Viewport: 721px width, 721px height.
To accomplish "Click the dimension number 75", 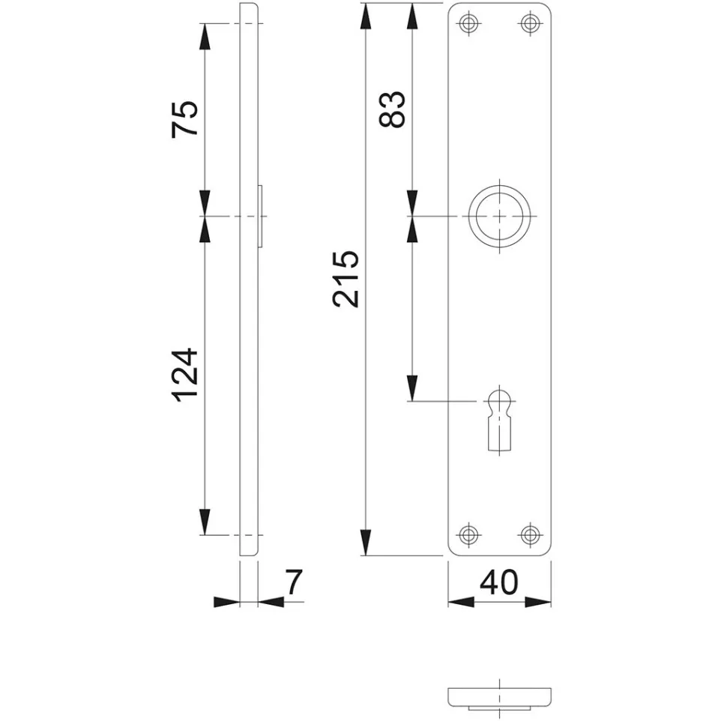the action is pos(185,118).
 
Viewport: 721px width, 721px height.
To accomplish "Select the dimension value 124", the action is pos(185,375).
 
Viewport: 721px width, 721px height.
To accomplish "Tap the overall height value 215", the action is pos(346,279).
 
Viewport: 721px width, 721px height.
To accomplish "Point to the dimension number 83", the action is pos(392,109).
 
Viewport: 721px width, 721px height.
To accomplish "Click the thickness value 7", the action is pos(293,582).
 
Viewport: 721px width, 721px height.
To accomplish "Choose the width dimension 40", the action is pos(499,582).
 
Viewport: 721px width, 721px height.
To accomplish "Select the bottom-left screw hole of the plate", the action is pos(468,534).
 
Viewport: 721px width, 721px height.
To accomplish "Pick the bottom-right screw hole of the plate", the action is pos(530,534).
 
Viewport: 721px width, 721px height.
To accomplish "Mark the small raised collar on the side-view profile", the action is pos(261,216).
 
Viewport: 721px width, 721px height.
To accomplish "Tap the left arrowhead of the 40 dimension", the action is pos(461,601).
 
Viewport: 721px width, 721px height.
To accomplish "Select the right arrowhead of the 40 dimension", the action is pos(538,601).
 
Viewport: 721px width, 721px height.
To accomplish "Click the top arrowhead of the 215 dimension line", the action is pos(366,16).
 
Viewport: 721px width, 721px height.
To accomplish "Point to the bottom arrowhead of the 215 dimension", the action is pos(366,543).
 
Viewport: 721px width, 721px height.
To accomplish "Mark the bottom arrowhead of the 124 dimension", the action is pos(205,522).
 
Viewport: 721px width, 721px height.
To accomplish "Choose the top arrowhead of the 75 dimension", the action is pos(205,36).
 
